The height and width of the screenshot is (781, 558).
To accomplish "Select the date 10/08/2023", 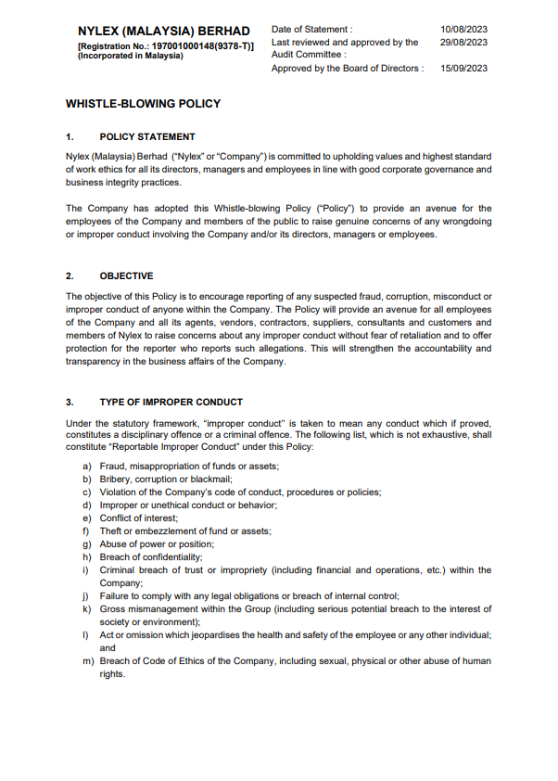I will coord(464,30).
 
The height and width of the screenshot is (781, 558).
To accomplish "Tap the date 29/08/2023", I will coord(464,42).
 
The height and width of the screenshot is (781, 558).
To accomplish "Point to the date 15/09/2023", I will coord(464,69).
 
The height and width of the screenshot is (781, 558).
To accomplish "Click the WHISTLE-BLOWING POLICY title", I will coord(143,104).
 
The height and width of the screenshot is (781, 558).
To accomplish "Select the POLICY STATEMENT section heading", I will coord(147,136).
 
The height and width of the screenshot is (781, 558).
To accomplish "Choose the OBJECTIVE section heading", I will coord(126,275).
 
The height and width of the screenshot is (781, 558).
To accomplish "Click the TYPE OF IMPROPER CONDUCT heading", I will coord(171,402).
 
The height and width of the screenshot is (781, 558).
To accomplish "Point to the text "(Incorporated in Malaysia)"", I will coord(131,56).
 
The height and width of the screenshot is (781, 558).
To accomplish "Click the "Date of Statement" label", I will coord(312,30).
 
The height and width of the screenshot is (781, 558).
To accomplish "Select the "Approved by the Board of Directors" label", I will coord(348,69).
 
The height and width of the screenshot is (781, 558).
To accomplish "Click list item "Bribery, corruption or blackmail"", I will coord(166,479).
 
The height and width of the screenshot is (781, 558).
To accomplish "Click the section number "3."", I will coord(70,402).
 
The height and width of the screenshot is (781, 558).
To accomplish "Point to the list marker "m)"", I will coord(88,661).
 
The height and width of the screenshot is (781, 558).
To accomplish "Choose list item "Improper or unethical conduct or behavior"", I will coord(188,505).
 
